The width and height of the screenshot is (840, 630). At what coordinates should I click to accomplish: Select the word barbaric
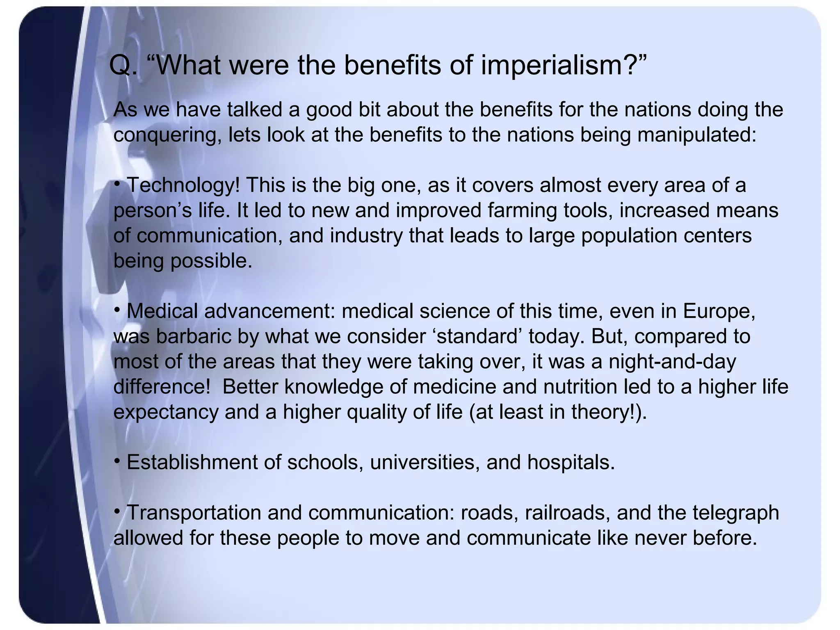(x=193, y=336)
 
